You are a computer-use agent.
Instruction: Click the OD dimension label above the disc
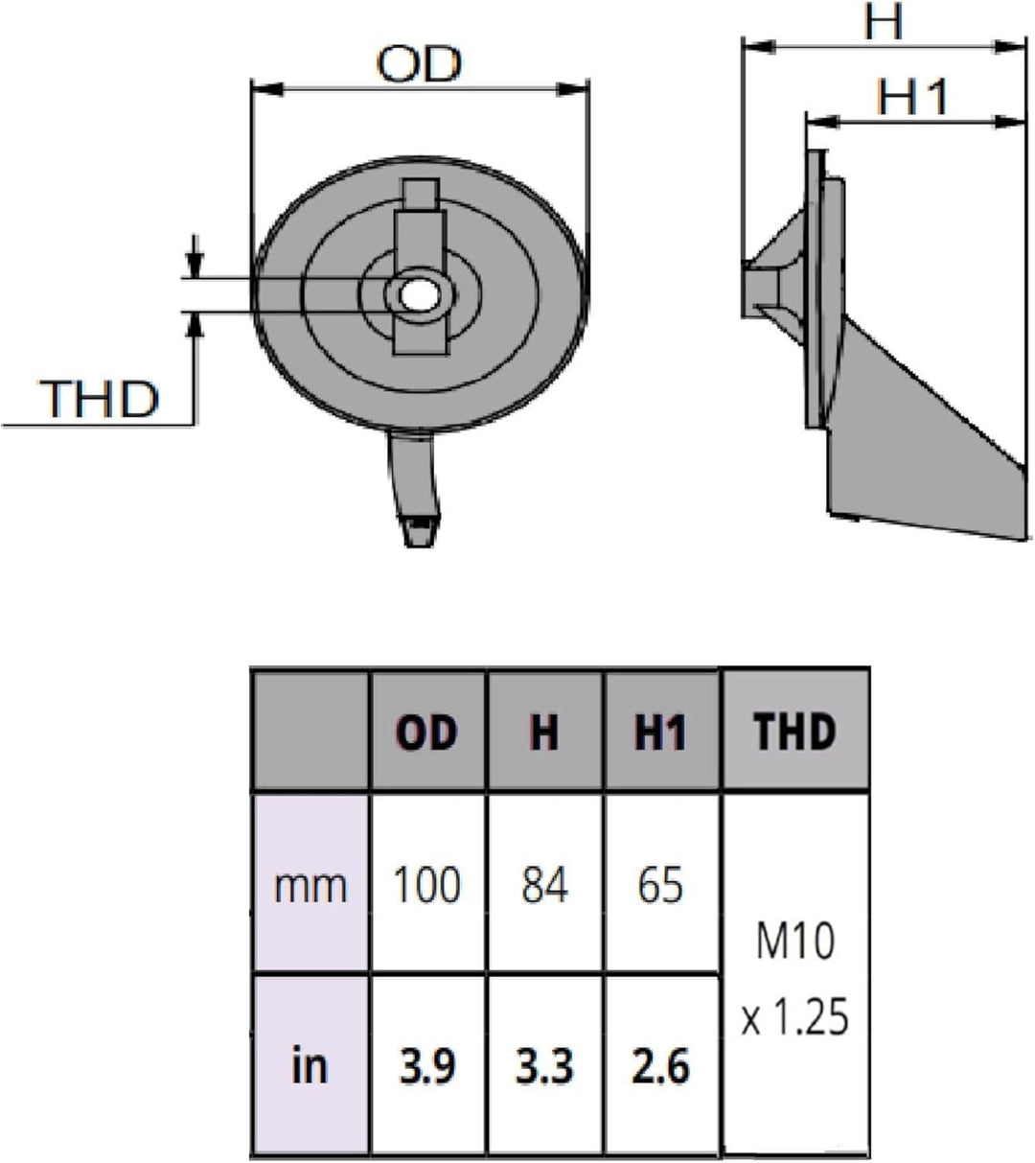pos(419,64)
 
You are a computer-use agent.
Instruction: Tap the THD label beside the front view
pos(99,398)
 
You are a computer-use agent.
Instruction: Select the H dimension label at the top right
pos(883,22)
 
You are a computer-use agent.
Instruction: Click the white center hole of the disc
pos(417,294)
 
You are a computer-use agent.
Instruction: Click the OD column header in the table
pos(427,733)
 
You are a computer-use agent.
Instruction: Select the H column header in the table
pos(544,733)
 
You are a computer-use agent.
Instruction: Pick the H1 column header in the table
pos(661,733)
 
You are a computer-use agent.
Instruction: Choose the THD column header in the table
pos(794,732)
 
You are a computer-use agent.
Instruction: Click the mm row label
pos(310,884)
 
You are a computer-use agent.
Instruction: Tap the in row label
pos(310,1065)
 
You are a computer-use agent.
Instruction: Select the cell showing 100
pos(427,884)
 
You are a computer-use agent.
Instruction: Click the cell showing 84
pos(544,884)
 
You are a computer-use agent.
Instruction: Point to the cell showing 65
pos(661,884)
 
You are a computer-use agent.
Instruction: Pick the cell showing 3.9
pos(427,1065)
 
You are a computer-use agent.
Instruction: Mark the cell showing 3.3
pos(544,1065)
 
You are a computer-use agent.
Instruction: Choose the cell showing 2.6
pos(661,1065)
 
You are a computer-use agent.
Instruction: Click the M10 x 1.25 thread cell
pos(794,976)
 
